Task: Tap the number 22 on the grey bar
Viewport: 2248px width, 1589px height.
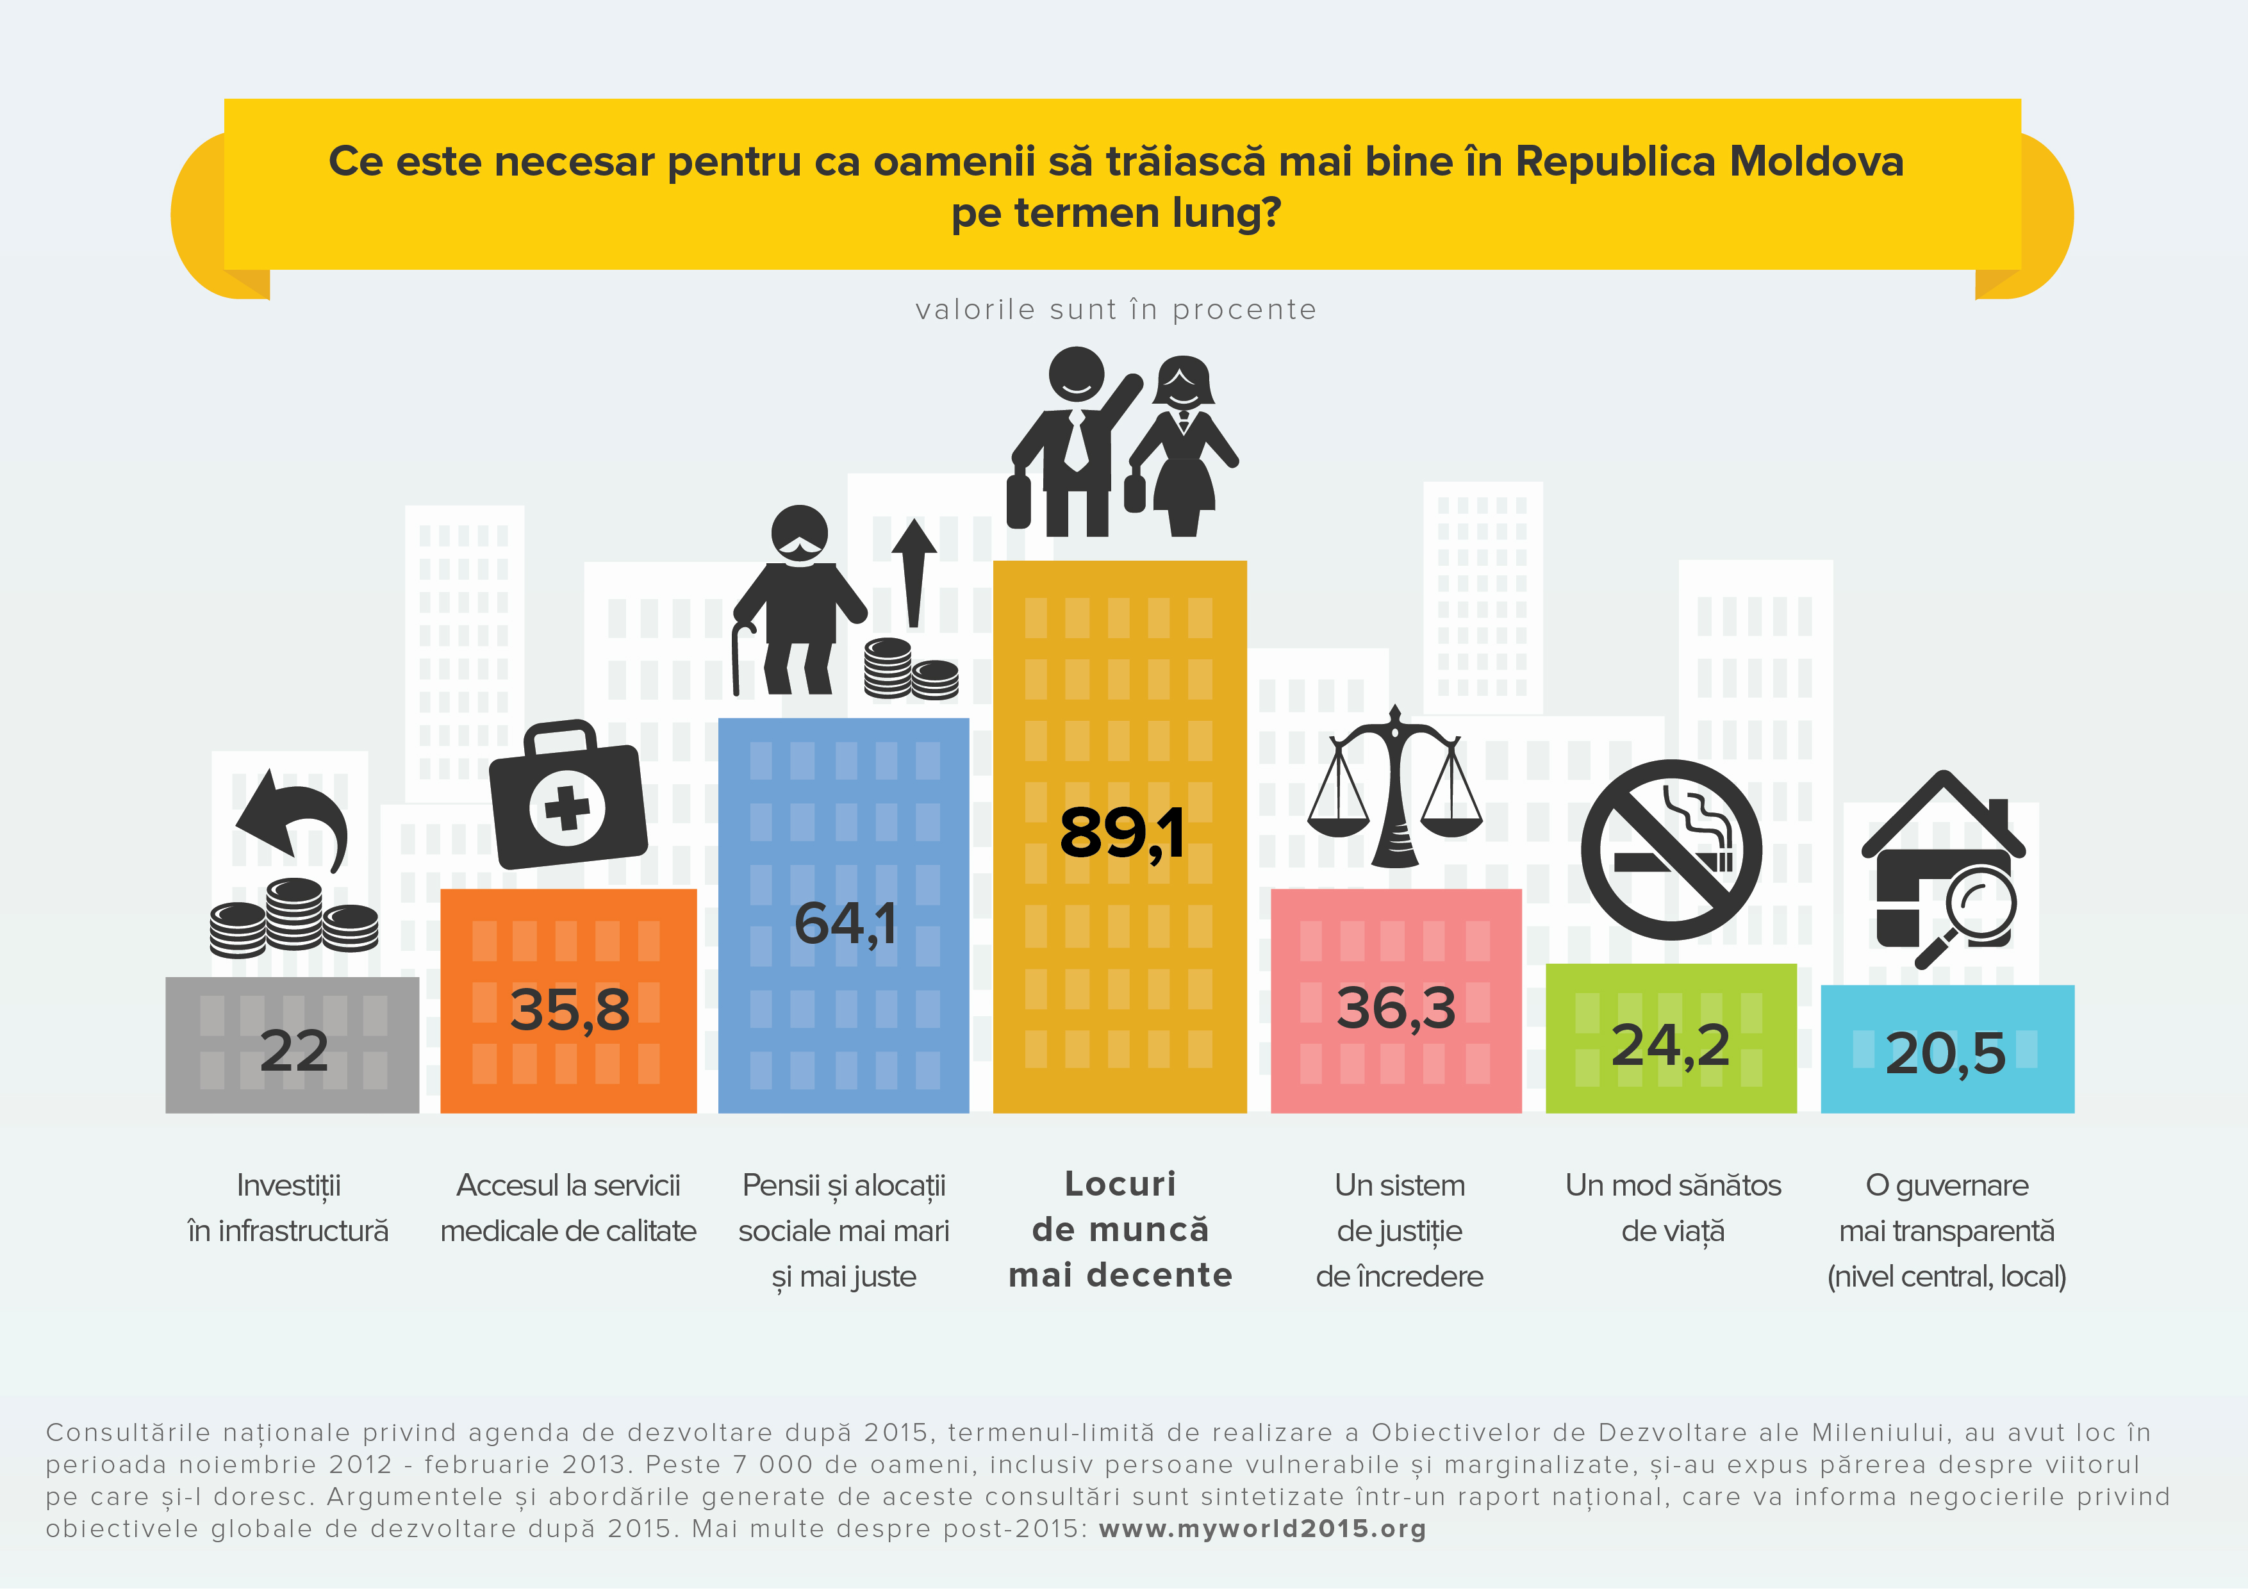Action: (293, 1051)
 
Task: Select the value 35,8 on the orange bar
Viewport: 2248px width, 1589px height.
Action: (570, 1010)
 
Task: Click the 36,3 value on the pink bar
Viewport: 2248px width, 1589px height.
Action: (1396, 1007)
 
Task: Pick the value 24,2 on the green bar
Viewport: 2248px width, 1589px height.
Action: (1671, 1046)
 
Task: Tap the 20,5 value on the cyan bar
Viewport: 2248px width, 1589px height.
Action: (1946, 1053)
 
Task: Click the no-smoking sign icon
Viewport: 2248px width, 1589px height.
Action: (1671, 850)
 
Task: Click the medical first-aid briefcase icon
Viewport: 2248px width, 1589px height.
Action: (568, 795)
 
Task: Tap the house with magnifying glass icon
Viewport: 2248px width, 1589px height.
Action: (1944, 869)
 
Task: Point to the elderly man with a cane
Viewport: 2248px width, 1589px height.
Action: (799, 599)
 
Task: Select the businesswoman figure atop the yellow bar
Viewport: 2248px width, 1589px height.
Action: (1182, 445)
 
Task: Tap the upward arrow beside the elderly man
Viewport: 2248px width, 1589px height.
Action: (914, 573)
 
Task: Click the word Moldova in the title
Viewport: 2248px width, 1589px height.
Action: (1816, 161)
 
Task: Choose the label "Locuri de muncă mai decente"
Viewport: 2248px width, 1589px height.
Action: (1120, 1230)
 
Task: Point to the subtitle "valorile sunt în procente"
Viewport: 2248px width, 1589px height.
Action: (1116, 309)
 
